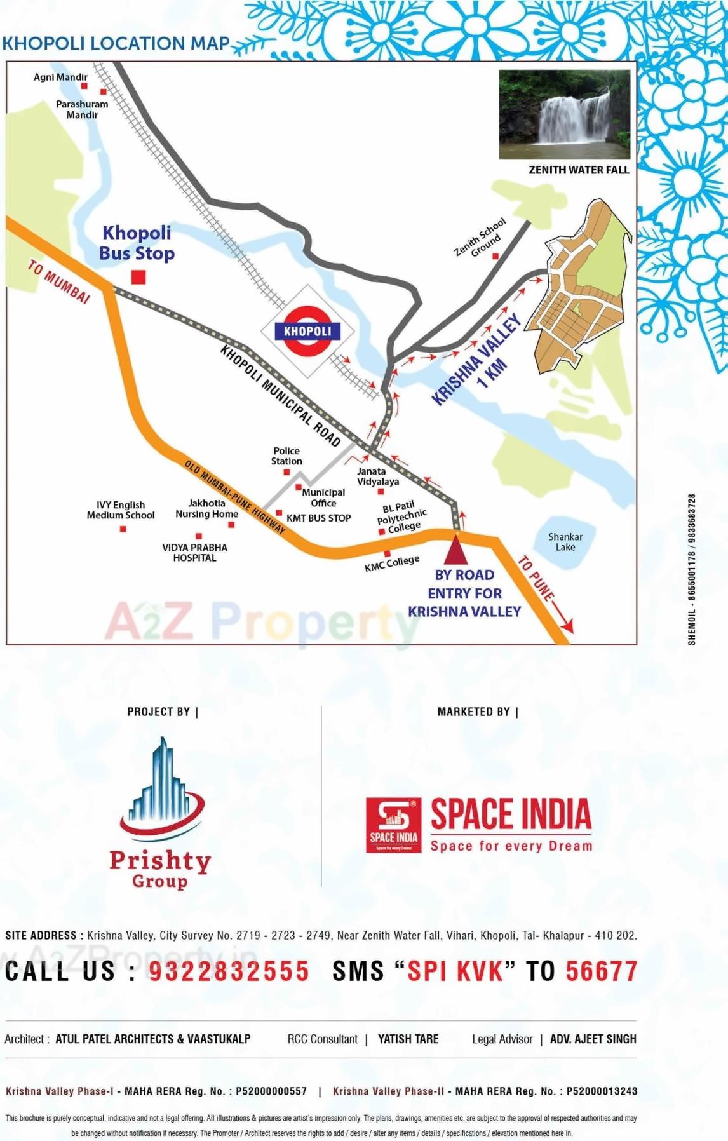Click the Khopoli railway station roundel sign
coord(307,331)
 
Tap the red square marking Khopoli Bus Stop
coord(138,277)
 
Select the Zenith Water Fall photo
coord(564,114)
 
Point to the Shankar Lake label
coord(565,542)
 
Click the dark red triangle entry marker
coord(455,550)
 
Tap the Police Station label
coord(286,456)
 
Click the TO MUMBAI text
coord(59,281)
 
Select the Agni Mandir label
coord(60,77)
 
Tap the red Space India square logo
coord(393,825)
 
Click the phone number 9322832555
coord(229,971)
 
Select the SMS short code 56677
coord(601,971)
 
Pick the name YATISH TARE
coord(408,1039)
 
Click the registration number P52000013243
coord(602,1091)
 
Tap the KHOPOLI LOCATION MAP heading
coord(116,44)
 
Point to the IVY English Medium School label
coord(121,510)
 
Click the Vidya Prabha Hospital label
coord(194,553)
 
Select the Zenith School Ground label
coord(481,238)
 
